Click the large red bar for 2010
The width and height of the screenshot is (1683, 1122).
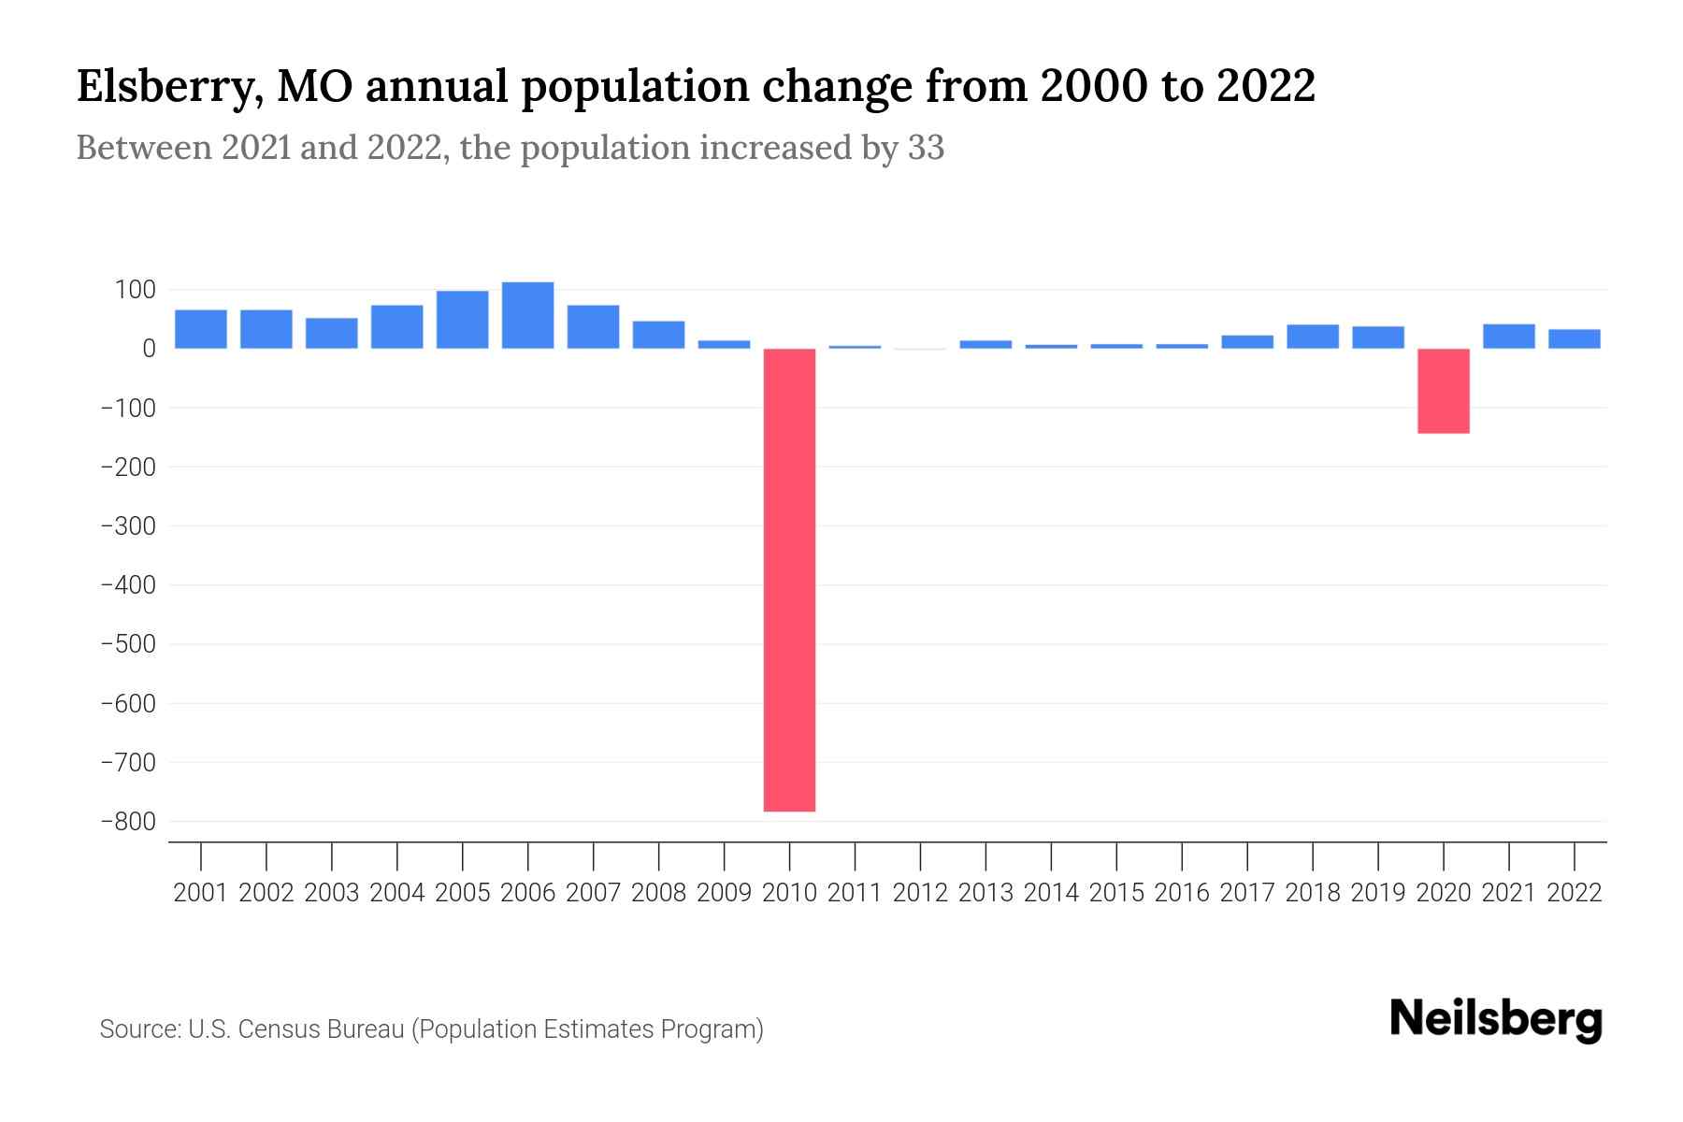789,580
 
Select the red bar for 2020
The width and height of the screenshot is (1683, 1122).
1443,391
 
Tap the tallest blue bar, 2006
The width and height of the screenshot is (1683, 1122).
527,315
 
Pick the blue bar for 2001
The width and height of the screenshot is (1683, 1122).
201,329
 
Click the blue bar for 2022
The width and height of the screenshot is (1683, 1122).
1574,338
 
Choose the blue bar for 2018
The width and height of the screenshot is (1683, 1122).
1312,337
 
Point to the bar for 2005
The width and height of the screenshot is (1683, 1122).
462,320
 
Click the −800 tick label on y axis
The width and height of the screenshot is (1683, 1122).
128,822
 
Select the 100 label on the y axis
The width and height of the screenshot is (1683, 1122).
135,290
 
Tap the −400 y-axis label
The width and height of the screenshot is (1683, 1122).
128,585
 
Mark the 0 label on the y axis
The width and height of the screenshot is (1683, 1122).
148,349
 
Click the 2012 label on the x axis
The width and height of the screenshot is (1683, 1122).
920,893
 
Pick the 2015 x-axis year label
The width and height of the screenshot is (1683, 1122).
1116,893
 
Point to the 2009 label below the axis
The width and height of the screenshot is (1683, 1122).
724,893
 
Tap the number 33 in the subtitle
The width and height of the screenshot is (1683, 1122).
926,148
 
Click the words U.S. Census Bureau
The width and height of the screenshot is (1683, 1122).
296,1029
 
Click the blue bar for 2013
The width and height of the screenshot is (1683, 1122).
985,344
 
